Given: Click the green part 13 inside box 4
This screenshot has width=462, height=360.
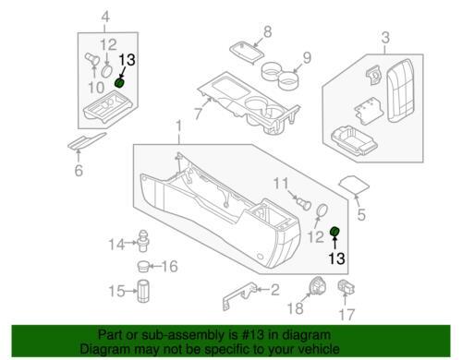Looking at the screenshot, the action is tap(119, 83).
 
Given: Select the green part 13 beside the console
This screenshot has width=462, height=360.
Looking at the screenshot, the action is tap(334, 232).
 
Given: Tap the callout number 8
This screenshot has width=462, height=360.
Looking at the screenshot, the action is tap(267, 31).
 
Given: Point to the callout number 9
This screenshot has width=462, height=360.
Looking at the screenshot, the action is tap(307, 58).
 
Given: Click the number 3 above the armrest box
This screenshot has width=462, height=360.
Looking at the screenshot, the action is tap(385, 38).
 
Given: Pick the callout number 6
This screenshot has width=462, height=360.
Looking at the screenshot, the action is tap(79, 170).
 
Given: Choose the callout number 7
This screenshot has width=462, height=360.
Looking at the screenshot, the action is tap(199, 114).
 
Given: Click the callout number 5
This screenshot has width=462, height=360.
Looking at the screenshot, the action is tap(361, 214).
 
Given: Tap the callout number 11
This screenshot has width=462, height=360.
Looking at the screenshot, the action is tap(281, 184).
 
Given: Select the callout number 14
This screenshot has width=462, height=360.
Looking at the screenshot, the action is tap(116, 245).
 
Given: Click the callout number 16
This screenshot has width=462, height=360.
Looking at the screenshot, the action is tap(169, 266).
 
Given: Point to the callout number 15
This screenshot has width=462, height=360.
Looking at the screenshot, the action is tap(116, 291).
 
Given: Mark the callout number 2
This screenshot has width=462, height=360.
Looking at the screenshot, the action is tap(274, 290).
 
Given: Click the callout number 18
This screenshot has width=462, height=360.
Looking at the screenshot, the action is tap(295, 308).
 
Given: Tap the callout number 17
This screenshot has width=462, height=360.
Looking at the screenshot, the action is tap(346, 315).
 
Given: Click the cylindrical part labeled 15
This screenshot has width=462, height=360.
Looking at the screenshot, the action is tap(142, 291).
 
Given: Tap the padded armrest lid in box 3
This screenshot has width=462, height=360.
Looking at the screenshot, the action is tap(400, 90).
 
